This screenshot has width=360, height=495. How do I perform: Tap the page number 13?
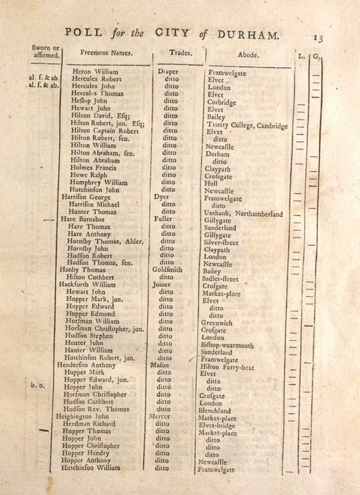click(x=318, y=38)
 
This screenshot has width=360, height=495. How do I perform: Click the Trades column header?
click(x=181, y=53)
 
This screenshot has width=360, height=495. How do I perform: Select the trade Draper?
click(x=169, y=71)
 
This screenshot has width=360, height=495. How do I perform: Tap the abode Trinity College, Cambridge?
click(x=248, y=126)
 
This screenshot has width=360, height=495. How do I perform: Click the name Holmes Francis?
click(x=95, y=168)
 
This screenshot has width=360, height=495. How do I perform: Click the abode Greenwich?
click(x=217, y=323)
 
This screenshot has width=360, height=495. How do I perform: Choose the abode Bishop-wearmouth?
click(x=227, y=346)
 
